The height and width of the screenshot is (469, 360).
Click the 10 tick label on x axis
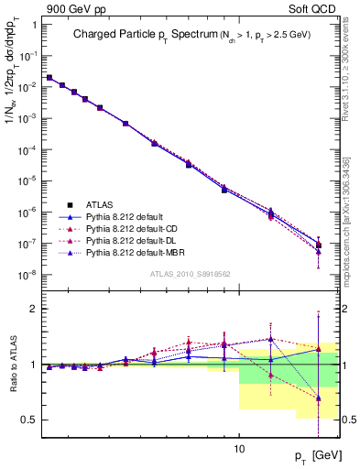click(x=239, y=449)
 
